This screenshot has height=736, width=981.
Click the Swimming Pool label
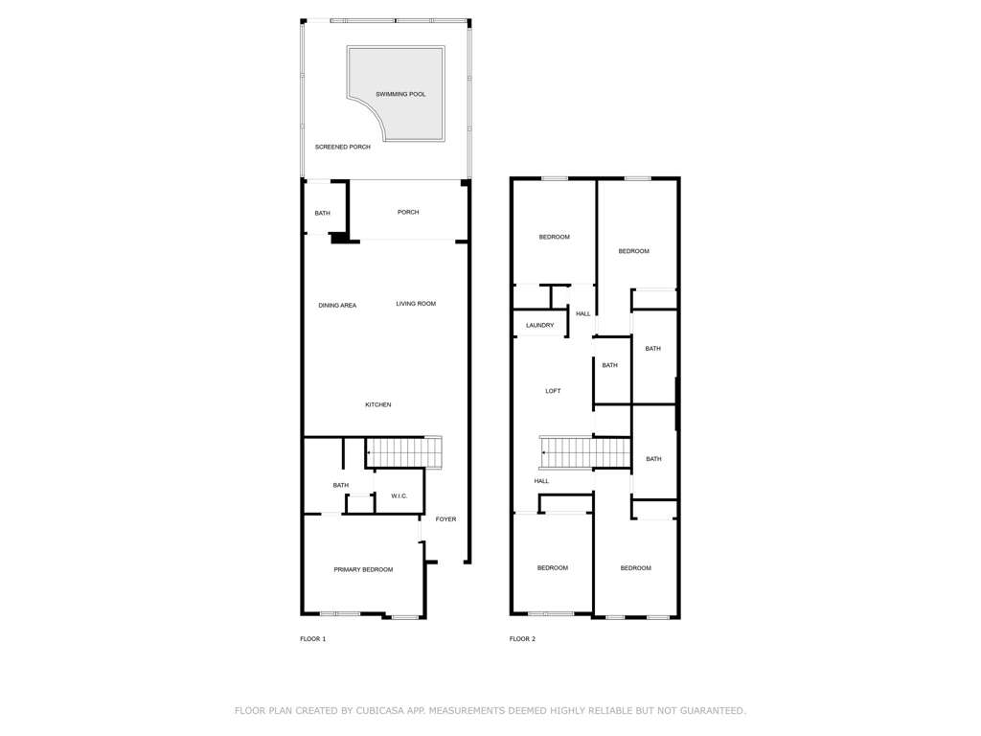click(400, 94)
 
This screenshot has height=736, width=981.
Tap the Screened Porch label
click(342, 147)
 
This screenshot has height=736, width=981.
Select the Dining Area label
click(337, 306)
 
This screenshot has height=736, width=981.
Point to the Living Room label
click(416, 304)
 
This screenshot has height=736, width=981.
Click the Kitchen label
click(377, 405)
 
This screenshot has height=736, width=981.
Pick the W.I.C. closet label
click(399, 496)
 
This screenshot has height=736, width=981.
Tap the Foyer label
click(446, 518)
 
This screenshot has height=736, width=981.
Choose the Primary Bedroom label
click(363, 569)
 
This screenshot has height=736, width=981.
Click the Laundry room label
click(540, 326)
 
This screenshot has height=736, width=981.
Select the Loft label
click(553, 391)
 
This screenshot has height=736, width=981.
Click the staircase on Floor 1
click(404, 452)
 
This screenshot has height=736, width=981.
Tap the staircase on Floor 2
click(585, 452)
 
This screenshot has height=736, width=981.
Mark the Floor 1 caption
click(313, 639)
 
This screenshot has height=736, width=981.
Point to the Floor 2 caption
click(522, 639)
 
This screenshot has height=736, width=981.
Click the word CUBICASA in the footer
click(378, 710)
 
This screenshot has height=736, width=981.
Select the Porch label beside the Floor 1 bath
click(408, 212)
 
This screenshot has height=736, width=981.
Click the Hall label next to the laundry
click(583, 313)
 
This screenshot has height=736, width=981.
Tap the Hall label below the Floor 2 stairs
click(542, 481)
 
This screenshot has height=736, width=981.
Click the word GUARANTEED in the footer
click(711, 710)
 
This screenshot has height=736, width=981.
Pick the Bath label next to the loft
click(610, 365)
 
